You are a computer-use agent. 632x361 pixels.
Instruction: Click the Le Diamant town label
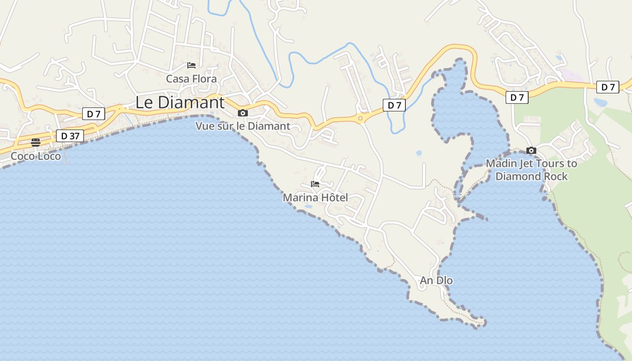point(180,102)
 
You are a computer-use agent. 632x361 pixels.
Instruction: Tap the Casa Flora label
point(191,79)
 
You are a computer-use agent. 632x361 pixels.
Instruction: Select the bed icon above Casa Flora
point(191,65)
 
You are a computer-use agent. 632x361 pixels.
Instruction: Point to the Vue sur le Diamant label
point(243,126)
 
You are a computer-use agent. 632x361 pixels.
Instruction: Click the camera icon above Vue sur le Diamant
point(243,113)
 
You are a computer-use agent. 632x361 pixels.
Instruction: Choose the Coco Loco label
point(36,156)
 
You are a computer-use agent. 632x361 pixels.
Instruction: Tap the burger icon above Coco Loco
point(36,143)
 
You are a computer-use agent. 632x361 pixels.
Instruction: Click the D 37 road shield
point(70,135)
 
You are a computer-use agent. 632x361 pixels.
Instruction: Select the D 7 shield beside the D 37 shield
point(93,114)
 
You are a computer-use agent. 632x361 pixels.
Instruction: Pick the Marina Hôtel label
point(315,198)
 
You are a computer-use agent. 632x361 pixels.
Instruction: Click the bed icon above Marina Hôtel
point(315,184)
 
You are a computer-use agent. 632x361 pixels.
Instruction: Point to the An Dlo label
point(436,281)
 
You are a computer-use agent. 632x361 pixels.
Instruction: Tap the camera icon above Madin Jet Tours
point(531,150)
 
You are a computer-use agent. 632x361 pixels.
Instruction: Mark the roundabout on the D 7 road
point(360,119)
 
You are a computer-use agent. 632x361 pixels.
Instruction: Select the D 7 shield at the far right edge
point(608,87)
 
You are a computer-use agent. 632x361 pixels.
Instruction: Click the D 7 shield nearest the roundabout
point(394,105)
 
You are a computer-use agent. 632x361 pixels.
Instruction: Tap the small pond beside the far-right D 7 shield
point(600,102)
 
